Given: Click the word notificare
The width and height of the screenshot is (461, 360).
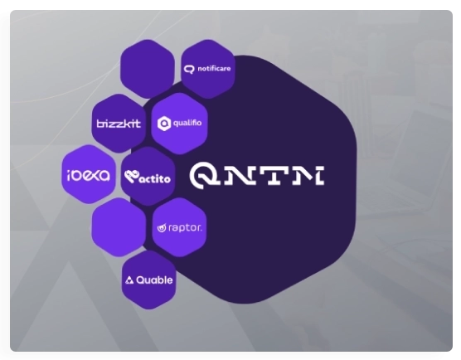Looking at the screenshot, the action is pos(214,69).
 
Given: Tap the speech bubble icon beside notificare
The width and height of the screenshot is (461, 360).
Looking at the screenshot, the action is pos(189,69).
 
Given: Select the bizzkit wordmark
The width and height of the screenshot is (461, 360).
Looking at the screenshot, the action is pos(119,124).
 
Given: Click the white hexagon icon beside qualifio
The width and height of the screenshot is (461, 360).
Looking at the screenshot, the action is pos(164,124).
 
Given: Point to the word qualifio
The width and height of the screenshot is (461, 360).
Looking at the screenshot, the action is pos(187,123).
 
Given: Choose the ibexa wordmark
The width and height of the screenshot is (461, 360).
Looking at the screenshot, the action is pos(89,175).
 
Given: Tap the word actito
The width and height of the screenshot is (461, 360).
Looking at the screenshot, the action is pos(155,178).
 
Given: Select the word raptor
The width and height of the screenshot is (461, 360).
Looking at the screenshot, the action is pos(185,228).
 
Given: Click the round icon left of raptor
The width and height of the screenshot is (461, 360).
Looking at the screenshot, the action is pos(162,228).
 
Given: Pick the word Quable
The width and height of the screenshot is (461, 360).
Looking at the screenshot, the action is pos(154,280).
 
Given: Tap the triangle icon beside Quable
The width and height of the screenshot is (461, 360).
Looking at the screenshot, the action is pos(129,280).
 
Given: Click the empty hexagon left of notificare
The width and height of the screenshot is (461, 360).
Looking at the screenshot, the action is pos(148,69).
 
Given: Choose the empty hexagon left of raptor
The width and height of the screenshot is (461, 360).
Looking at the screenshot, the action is pos(119,227).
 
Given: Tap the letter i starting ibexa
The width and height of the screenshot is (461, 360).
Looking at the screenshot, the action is pos(69,176).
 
